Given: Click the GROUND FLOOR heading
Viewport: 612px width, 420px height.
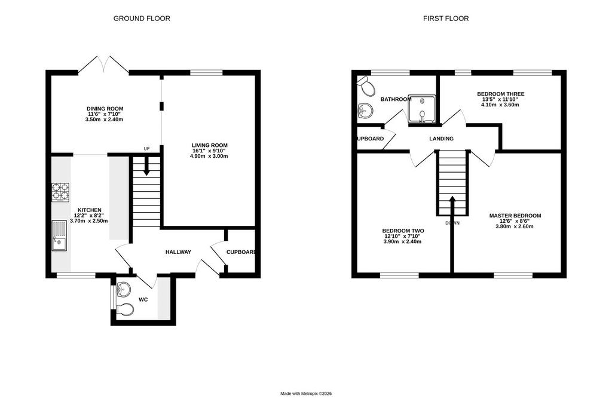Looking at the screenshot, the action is (142, 19).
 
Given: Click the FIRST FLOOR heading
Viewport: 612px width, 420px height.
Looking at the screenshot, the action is (446, 19).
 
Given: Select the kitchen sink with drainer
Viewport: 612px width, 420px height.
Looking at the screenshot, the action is (60, 236).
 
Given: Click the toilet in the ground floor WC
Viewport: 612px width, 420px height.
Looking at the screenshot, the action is (126, 309).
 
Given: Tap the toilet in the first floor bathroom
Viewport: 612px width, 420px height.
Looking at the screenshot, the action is (365, 86).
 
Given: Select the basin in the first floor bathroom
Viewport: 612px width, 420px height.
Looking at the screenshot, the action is (364, 111).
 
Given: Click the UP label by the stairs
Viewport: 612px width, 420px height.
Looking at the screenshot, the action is (147, 149).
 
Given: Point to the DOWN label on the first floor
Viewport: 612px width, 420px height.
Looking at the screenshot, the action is (452, 223).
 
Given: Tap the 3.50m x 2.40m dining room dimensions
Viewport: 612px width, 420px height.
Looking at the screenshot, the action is (104, 119).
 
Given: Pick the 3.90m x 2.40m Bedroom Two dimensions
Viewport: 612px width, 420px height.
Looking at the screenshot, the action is (402, 241).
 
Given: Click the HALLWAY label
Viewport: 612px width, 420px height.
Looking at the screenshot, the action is (178, 252).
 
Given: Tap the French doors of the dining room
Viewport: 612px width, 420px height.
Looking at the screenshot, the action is (104, 65).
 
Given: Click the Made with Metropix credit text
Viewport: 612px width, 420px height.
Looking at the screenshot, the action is (306, 394).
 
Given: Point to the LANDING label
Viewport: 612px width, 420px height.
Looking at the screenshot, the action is (442, 139).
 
